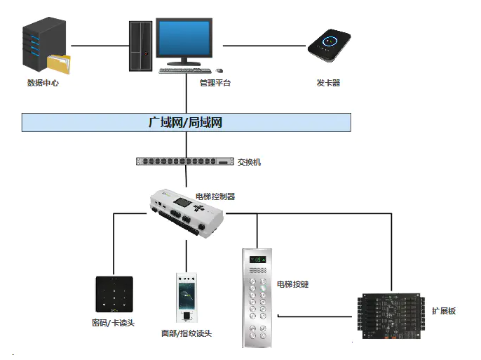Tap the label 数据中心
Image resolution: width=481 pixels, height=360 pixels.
[x=43, y=83]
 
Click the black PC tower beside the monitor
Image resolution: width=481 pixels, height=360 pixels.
[x=140, y=45]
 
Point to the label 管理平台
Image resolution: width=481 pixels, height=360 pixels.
[x=215, y=83]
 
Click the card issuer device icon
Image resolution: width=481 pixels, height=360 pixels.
[x=329, y=46]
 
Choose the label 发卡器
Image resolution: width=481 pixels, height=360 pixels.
[x=328, y=83]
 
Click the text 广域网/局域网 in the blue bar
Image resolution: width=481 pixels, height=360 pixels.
[x=186, y=122]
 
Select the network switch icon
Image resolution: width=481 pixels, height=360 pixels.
[x=184, y=161]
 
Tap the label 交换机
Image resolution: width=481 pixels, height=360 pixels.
[x=249, y=162]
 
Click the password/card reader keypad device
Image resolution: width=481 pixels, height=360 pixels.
[x=114, y=293]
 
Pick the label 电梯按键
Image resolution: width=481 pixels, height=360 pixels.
[x=292, y=284]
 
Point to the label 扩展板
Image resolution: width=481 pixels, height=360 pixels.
[x=443, y=311]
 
